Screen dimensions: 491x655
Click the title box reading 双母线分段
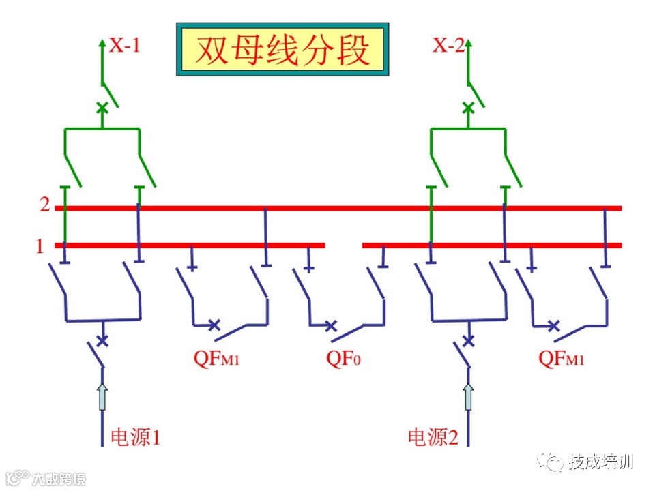coord(282,50)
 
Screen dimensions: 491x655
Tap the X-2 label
coord(448,46)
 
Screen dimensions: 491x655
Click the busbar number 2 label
coord(44,204)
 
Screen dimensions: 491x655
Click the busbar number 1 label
coord(40,245)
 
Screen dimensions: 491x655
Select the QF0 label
coord(343,357)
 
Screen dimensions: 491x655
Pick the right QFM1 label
coord(561,357)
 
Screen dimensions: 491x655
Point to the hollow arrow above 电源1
coord(102,396)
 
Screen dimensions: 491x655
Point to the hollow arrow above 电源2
coord(468,396)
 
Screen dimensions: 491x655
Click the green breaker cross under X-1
coord(102,108)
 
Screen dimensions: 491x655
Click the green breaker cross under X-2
coord(468,108)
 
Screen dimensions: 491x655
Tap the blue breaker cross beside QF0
coord(331,326)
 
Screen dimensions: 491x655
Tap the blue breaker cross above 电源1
coord(102,340)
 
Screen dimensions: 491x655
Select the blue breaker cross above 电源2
coord(468,340)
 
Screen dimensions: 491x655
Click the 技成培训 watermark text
coord(601,462)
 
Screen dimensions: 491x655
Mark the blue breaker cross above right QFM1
coord(554,325)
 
